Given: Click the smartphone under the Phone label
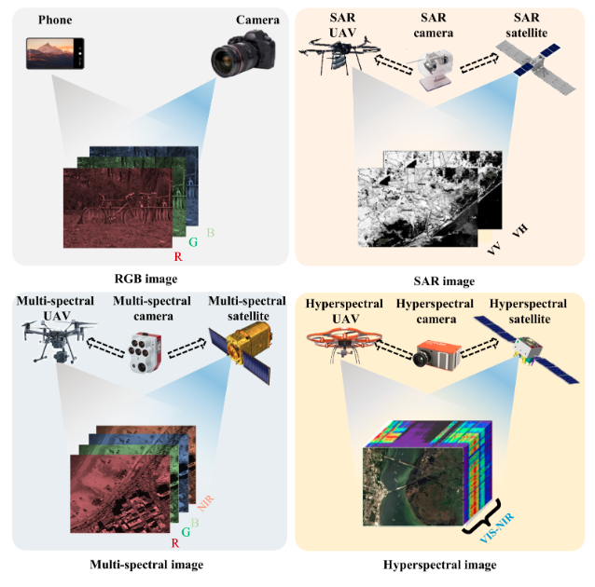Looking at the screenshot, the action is (57, 54).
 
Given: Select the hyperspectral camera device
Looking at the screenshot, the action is (439, 355).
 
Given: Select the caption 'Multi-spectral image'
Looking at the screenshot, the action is (146, 564).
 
